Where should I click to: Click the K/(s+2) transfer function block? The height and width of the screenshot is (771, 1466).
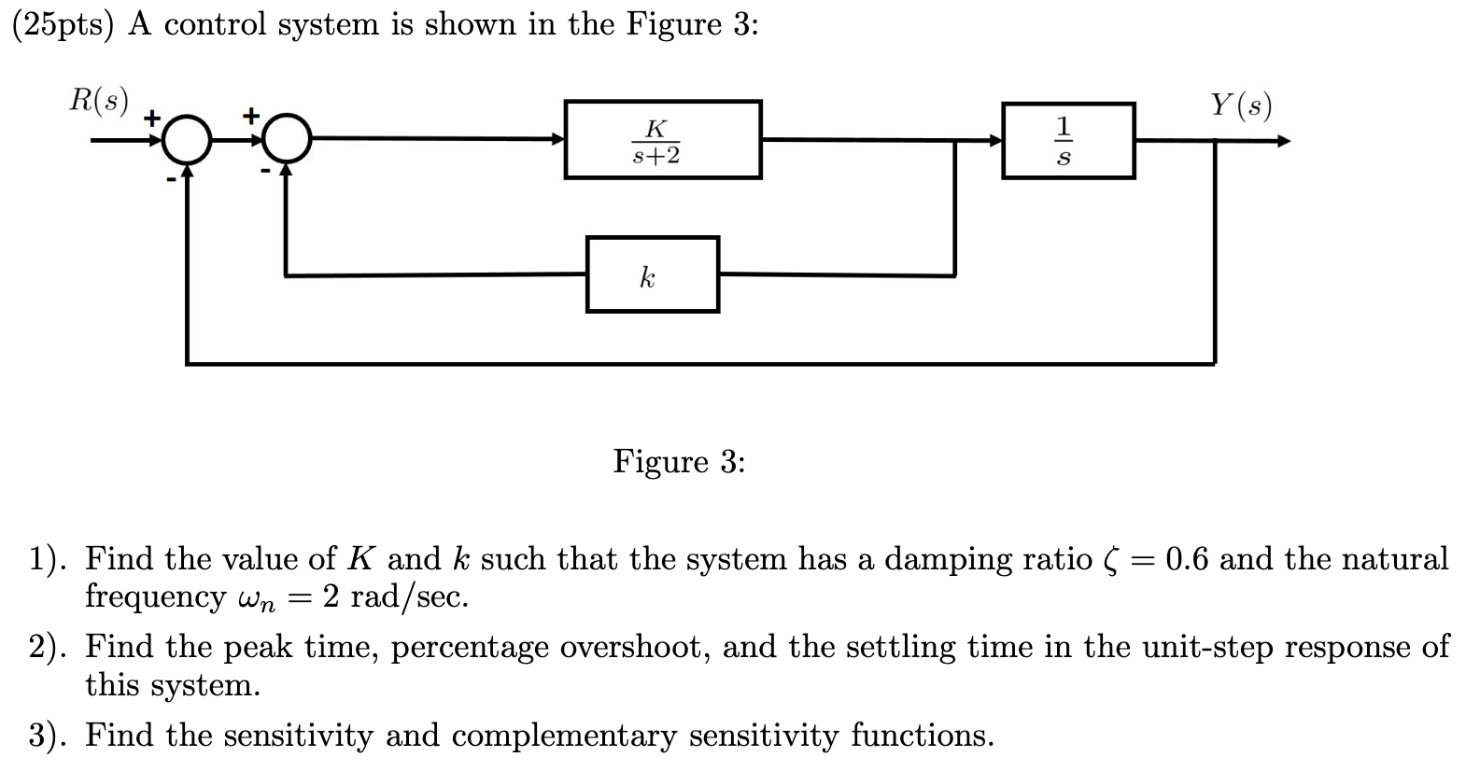[662, 140]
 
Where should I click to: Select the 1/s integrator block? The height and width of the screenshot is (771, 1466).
[1068, 141]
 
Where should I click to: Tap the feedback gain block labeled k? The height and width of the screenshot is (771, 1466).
[652, 274]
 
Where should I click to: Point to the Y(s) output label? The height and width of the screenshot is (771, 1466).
[1241, 105]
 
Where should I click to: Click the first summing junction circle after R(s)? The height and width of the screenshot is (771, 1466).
[185, 141]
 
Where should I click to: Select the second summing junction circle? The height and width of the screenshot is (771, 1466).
[287, 141]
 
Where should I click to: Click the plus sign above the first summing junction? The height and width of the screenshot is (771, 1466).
[150, 119]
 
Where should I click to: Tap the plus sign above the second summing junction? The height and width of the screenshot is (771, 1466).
[250, 115]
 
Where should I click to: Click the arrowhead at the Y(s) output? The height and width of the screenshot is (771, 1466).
[1283, 142]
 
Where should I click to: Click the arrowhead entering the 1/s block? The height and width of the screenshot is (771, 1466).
[995, 141]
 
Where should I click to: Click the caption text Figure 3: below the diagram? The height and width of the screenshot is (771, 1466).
[679, 461]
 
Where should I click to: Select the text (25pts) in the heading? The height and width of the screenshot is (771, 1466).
[62, 25]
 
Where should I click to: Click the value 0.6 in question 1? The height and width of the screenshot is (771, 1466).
[1186, 559]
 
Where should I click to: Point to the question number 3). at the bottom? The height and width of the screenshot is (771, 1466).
[48, 736]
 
